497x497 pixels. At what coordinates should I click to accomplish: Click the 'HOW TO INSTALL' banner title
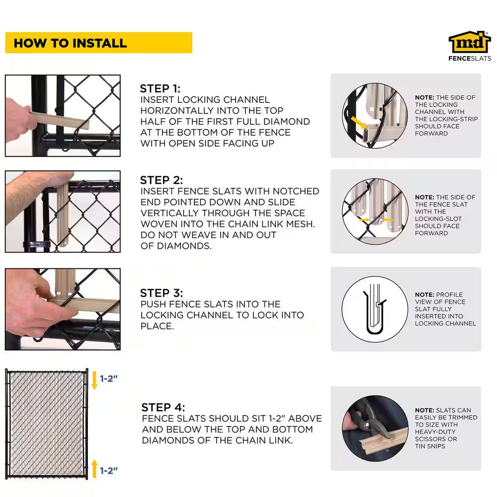pyautogui.click(x=71, y=43)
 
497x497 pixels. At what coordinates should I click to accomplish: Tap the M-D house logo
pyautogui.click(x=470, y=42)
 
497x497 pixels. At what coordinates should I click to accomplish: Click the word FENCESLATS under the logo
pyautogui.click(x=470, y=58)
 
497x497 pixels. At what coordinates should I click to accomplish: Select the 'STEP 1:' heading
pyautogui.click(x=160, y=88)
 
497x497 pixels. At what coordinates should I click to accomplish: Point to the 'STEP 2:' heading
pyautogui.click(x=162, y=180)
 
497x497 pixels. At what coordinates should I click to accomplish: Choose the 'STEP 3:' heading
pyautogui.click(x=162, y=293)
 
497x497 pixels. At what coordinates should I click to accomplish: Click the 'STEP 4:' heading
pyautogui.click(x=163, y=408)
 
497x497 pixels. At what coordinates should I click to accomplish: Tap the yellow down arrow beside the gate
pyautogui.click(x=94, y=380)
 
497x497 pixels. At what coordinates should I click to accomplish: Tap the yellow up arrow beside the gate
pyautogui.click(x=94, y=469)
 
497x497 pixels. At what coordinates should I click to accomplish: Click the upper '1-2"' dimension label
pyautogui.click(x=109, y=378)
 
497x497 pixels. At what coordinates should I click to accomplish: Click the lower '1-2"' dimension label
pyautogui.click(x=109, y=471)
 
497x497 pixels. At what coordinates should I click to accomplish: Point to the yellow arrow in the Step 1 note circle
pyautogui.click(x=358, y=123)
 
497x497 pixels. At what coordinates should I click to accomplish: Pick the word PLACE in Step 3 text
pyautogui.click(x=157, y=326)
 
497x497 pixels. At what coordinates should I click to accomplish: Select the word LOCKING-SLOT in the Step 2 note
pyautogui.click(x=438, y=219)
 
